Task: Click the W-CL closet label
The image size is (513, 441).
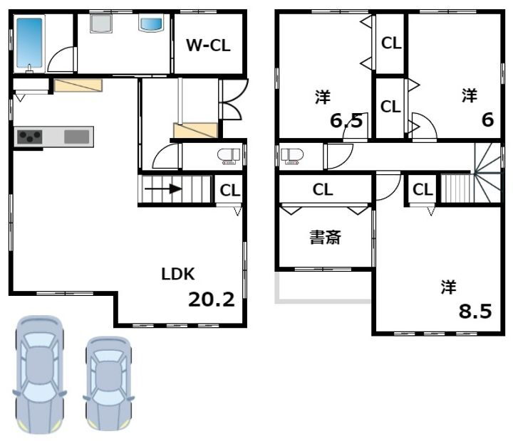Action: pos(208,46)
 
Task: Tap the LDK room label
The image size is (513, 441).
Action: pos(178,274)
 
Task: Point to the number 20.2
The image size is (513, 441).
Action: pos(211,299)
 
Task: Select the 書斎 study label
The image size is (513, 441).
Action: pos(325,238)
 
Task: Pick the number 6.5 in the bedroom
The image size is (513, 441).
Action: pos(346,120)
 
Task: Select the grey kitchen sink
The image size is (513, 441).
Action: pos(76,136)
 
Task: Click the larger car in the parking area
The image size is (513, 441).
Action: pos(39,373)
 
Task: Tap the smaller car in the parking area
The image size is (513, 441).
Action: pos(108,383)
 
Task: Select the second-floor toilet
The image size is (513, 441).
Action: pos(292,156)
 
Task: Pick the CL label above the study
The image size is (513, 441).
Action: pos(323,190)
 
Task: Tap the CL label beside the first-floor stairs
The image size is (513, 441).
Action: pos(229,190)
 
